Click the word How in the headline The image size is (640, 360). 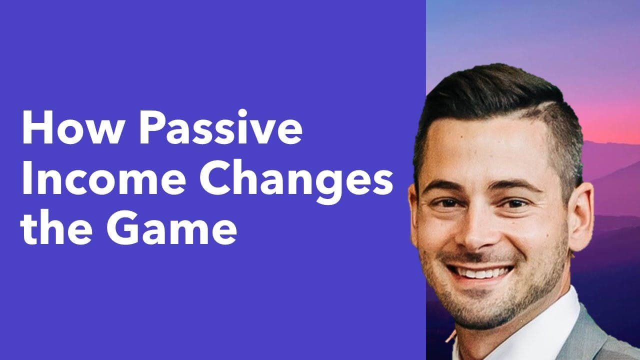73,127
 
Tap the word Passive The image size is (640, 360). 220,126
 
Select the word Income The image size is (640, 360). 104,177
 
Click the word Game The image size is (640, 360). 171,227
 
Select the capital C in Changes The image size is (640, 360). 215,177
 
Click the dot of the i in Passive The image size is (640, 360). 242,113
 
